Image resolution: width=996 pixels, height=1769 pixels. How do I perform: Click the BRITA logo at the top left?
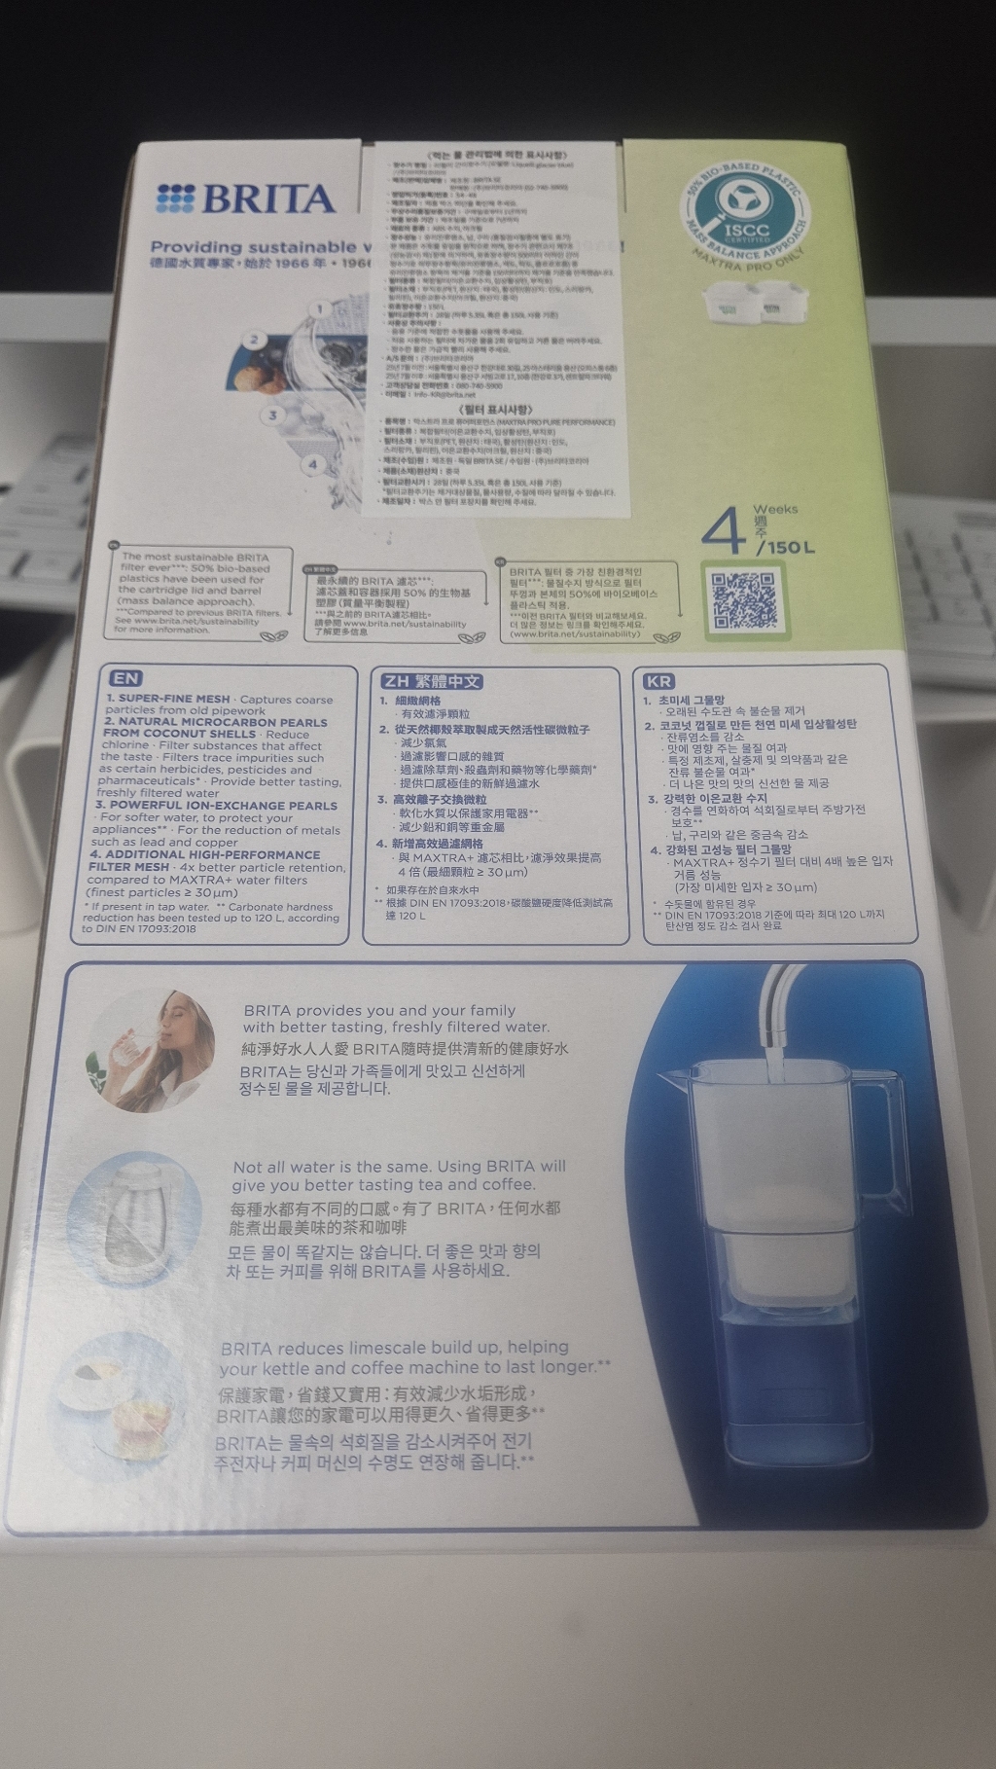click(245, 198)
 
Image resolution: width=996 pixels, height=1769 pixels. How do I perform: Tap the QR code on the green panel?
click(745, 599)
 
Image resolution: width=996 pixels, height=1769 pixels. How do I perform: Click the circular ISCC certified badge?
click(745, 212)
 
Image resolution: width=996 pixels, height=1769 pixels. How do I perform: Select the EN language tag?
click(125, 678)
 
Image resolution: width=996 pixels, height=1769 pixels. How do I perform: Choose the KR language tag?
click(658, 681)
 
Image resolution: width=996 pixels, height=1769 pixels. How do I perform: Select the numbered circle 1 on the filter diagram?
click(318, 309)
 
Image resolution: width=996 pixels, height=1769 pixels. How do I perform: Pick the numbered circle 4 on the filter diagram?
click(312, 464)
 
